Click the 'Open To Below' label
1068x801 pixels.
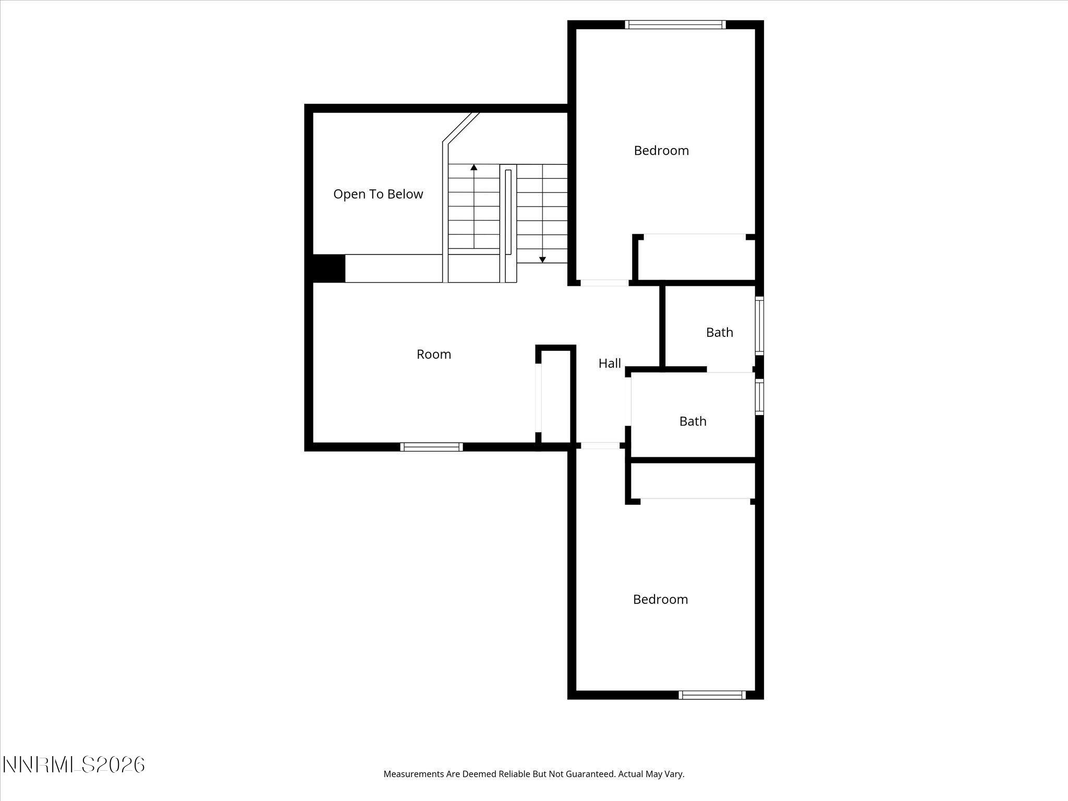click(x=378, y=194)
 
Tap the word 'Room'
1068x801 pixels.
click(x=433, y=354)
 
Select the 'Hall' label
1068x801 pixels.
click(x=609, y=363)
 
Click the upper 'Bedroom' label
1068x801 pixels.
click(x=661, y=151)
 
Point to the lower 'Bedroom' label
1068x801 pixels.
click(x=660, y=599)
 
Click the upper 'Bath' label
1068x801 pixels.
click(x=719, y=332)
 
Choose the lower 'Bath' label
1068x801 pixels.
click(x=693, y=421)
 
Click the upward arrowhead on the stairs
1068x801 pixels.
click(x=474, y=167)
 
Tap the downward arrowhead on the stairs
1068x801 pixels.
click(x=542, y=259)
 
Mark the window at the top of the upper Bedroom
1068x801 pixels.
click(x=675, y=25)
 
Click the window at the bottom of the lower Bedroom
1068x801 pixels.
click(x=712, y=695)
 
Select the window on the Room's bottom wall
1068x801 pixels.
click(x=431, y=447)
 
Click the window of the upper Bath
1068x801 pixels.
click(x=760, y=326)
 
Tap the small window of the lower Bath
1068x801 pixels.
click(x=760, y=397)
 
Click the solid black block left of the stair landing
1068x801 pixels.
click(x=329, y=269)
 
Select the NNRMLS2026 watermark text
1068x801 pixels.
click(x=74, y=765)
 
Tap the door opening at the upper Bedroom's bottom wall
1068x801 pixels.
click(x=604, y=283)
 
